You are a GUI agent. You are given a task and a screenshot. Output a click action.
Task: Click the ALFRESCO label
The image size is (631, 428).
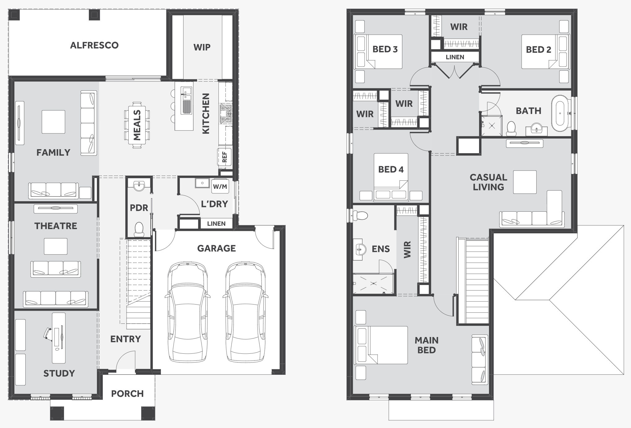pyautogui.click(x=94, y=45)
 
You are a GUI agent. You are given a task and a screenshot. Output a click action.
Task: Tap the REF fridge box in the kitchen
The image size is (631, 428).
pyautogui.click(x=225, y=157)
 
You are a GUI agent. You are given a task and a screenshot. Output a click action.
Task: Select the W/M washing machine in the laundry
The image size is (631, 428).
pyautogui.click(x=220, y=186)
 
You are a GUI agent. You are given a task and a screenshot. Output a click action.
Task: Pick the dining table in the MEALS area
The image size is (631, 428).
pyautogui.click(x=137, y=125)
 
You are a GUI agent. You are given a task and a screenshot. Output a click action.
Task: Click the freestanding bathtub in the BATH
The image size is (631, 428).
pyautogui.click(x=560, y=113)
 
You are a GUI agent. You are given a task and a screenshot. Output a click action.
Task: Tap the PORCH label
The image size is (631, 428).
pyautogui.click(x=127, y=394)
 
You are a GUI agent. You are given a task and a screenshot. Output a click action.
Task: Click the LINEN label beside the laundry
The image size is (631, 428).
pyautogui.click(x=216, y=223)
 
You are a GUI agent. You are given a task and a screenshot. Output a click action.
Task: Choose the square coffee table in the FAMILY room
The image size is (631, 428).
pyautogui.click(x=54, y=122)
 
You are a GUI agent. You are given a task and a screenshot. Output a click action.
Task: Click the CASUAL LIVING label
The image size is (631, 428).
pyautogui.click(x=488, y=182)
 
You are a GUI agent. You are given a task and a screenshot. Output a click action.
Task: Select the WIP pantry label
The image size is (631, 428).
pyautogui.click(x=202, y=47)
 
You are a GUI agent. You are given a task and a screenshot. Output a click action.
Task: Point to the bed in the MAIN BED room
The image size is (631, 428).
pyautogui.click(x=381, y=345)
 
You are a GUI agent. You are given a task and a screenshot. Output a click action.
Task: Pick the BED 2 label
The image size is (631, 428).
pyautogui.click(x=538, y=50)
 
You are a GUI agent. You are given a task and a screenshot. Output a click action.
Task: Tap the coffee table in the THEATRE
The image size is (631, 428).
pyautogui.click(x=56, y=246)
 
